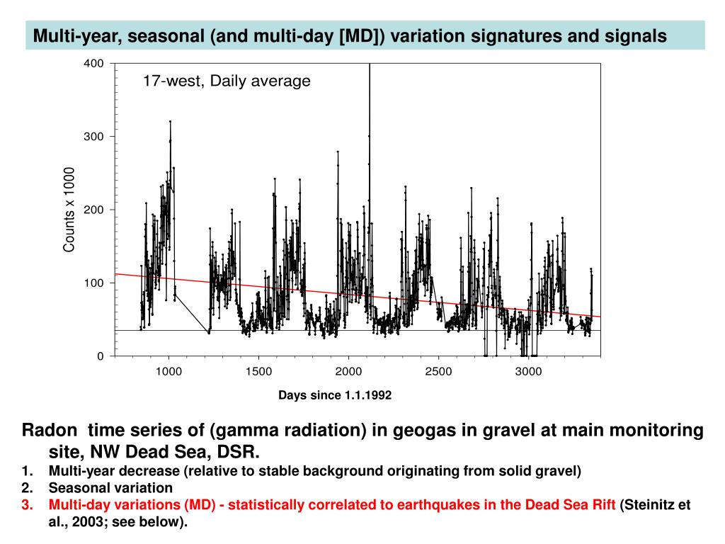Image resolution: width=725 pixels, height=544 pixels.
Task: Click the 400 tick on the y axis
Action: point(94,64)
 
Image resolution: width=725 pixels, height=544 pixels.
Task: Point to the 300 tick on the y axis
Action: point(94,137)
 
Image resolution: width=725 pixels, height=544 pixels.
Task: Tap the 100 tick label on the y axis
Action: point(94,283)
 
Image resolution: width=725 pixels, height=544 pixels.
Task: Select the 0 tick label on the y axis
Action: point(100,356)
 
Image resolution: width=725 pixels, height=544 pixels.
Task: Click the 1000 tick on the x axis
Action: point(168,371)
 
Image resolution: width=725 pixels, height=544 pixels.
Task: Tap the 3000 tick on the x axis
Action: point(528,371)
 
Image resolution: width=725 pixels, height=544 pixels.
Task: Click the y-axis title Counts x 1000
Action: point(69,210)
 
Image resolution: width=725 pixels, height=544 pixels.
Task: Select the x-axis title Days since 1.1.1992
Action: point(335,395)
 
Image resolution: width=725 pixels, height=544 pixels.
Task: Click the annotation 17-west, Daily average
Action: point(227,81)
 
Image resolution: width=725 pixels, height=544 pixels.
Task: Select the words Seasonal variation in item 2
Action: point(110,487)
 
